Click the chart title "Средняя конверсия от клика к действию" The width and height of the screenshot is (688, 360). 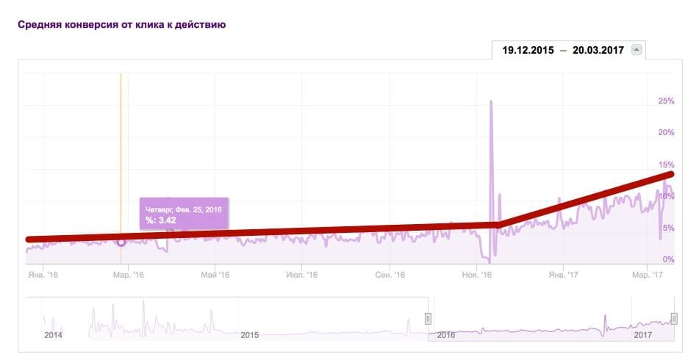click(x=121, y=24)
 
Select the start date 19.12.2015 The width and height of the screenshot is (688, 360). click(x=528, y=50)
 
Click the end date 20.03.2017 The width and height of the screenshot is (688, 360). click(x=598, y=50)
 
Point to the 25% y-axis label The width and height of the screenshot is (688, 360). click(x=666, y=101)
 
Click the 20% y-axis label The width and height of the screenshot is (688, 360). click(x=666, y=132)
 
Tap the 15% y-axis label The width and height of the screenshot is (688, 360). click(x=666, y=165)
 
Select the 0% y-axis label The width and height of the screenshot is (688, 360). click(x=668, y=259)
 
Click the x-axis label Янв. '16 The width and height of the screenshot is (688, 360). click(x=42, y=275)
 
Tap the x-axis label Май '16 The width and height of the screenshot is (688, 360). click(x=215, y=275)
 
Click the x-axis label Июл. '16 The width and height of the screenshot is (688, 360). click(x=301, y=275)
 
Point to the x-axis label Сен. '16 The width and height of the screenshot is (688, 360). click(x=390, y=275)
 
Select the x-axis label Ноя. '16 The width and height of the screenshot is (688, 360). click(x=476, y=275)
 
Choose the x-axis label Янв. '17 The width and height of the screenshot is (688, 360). click(x=562, y=275)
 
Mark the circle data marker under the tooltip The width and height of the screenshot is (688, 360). click(x=121, y=241)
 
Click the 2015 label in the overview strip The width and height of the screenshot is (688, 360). click(x=250, y=334)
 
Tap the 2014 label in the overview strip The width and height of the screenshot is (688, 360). click(x=53, y=334)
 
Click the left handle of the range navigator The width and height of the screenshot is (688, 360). click(x=428, y=318)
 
